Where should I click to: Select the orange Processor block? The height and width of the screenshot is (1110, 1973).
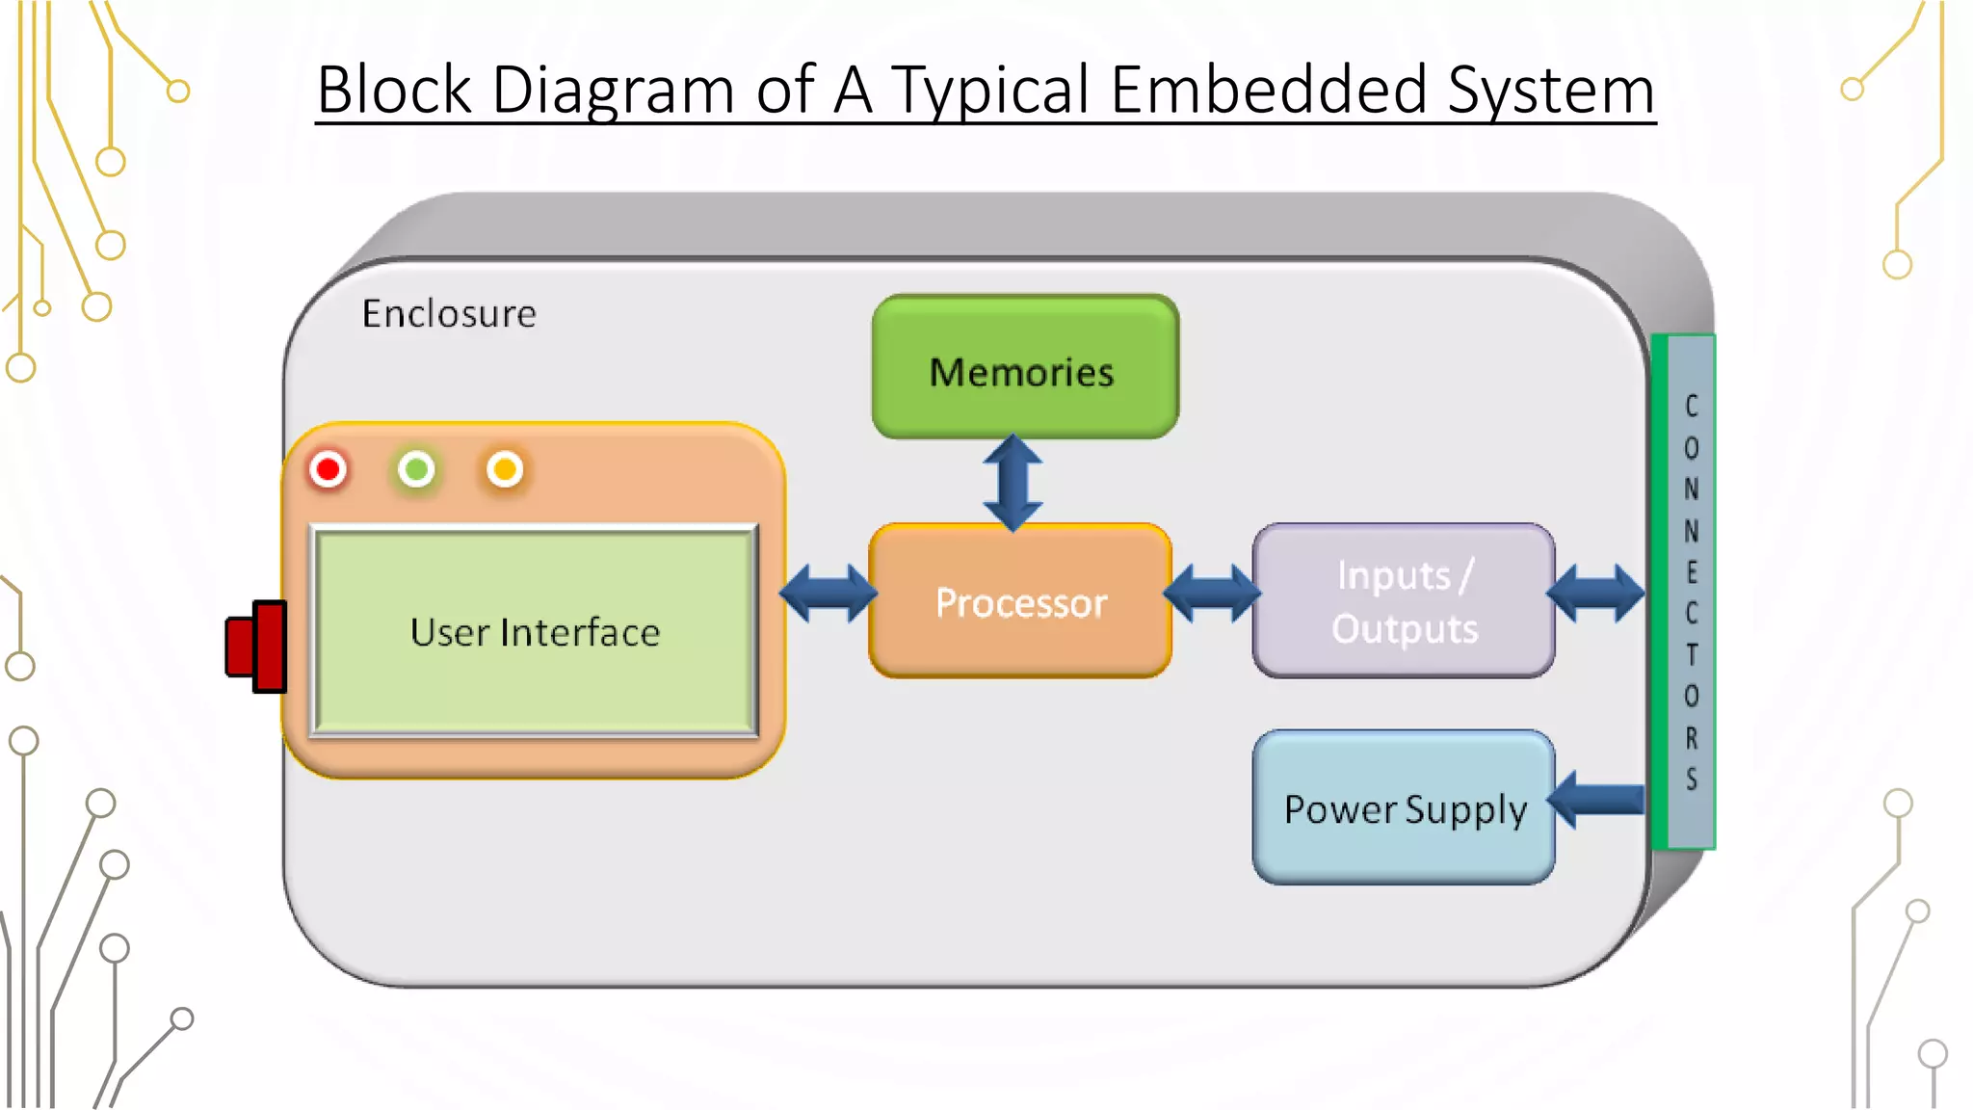coord(1020,601)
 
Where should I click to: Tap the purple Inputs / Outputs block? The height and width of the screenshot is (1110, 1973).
coord(1404,601)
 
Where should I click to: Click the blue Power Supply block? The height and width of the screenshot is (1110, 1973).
coord(1404,808)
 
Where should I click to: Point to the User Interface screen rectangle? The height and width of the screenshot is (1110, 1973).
coord(535,632)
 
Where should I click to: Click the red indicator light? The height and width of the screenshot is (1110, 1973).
coord(329,470)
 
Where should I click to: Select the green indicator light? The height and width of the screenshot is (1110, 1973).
coord(416,470)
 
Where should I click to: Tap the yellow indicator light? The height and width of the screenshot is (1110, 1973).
coord(505,470)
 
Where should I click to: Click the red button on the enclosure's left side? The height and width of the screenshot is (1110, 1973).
coord(257,647)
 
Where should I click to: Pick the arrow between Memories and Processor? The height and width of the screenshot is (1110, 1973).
coord(1013,483)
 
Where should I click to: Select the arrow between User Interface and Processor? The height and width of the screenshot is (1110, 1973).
coord(828,594)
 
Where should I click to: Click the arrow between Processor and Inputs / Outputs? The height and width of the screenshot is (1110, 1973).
coord(1212,594)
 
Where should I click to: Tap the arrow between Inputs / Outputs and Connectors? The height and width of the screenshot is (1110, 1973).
coord(1595,594)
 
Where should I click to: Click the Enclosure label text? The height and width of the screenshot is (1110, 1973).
coord(449,314)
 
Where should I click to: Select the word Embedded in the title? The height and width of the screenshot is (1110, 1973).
coord(1268,91)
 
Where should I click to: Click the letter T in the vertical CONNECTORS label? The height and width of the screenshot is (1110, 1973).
coord(1692,655)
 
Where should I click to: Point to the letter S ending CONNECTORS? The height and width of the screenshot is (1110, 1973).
coord(1692,779)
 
